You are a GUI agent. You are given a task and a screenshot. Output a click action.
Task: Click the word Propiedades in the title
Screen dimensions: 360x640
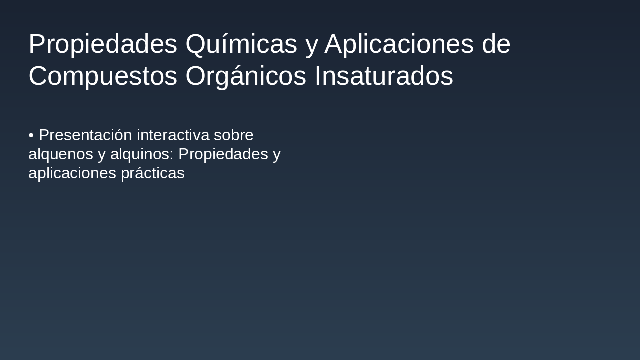coord(103,44)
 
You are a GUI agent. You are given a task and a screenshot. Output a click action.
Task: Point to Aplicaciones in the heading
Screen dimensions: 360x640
coord(399,44)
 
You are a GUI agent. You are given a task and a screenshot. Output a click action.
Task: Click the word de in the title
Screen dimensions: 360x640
coord(496,44)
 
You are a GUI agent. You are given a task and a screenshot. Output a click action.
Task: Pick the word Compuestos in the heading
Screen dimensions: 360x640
coord(103,76)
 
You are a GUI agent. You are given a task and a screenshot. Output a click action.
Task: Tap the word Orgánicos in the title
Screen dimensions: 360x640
coord(245,76)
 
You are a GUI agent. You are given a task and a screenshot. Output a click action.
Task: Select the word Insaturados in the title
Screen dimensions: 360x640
coord(383,76)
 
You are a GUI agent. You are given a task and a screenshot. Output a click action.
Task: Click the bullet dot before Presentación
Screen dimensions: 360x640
coord(31,135)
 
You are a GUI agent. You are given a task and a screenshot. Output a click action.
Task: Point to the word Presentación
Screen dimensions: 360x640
coord(85,135)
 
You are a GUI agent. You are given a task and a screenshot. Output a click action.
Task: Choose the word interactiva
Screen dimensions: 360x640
coord(173,135)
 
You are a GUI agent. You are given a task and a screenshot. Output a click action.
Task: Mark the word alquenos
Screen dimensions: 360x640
coord(61,154)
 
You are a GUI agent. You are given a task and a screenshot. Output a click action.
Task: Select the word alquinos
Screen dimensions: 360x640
coord(140,154)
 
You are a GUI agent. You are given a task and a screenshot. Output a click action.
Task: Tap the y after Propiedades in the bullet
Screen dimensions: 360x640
coord(277,155)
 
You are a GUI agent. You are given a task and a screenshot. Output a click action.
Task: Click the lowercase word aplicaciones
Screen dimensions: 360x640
coord(72,173)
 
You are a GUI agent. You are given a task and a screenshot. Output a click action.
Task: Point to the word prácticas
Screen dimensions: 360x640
coord(153,173)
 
